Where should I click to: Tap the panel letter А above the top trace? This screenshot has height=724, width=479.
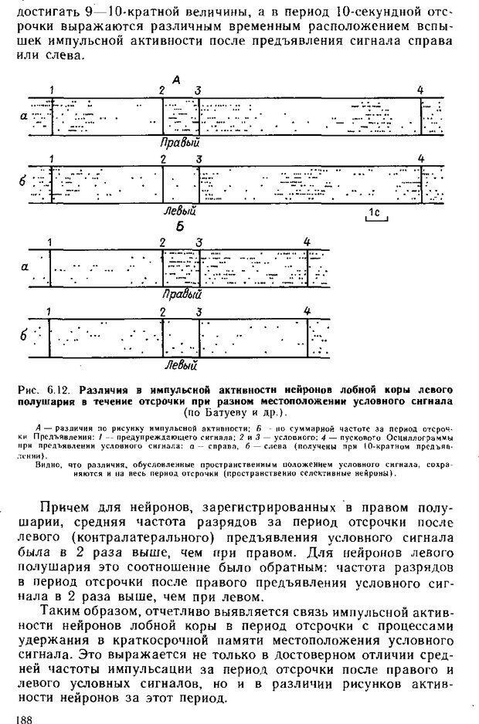pyautogui.click(x=177, y=80)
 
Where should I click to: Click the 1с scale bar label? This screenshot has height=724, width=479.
pyautogui.click(x=375, y=211)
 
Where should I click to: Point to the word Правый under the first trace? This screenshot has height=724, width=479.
pyautogui.click(x=180, y=143)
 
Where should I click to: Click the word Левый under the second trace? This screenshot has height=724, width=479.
pyautogui.click(x=180, y=210)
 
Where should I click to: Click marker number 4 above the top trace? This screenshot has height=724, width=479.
pyautogui.click(x=420, y=90)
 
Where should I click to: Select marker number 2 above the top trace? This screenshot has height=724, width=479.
pyautogui.click(x=162, y=90)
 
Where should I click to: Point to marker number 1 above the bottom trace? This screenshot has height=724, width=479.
pyautogui.click(x=49, y=311)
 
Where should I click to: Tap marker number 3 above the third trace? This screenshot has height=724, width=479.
pyautogui.click(x=199, y=242)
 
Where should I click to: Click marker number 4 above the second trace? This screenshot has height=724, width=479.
pyautogui.click(x=421, y=159)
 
